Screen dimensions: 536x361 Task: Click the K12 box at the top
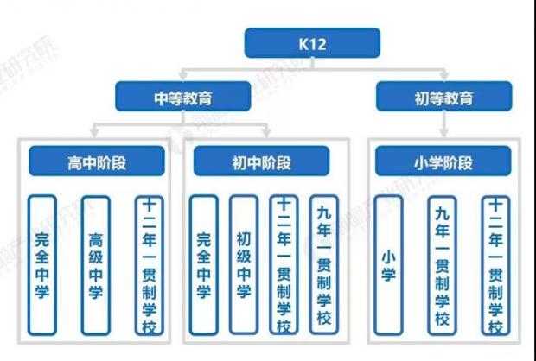coord(312,43)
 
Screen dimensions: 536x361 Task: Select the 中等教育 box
coord(183,97)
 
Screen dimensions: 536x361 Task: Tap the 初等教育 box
coord(444,97)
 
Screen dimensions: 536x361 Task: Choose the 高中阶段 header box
coord(97,161)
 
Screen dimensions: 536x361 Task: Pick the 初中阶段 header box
coord(261,161)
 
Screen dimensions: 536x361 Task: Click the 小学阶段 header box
coord(443,161)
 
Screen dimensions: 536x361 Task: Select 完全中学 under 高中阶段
coord(42,265)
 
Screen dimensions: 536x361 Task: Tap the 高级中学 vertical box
coord(96,265)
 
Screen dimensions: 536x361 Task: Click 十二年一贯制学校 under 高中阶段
coord(150,265)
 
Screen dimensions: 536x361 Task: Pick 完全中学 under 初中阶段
coord(204,265)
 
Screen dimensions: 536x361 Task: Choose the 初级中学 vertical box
coord(244,264)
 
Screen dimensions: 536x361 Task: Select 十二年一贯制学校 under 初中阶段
coord(284,264)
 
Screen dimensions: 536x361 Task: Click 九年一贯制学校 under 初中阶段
coord(324,264)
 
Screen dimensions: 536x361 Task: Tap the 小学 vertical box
coord(389,265)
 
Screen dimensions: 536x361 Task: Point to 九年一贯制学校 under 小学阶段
coord(443,265)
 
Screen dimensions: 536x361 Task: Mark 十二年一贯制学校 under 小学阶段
coord(496,265)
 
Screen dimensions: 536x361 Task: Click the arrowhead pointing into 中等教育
coord(183,77)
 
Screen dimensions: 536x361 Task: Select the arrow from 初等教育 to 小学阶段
coord(444,124)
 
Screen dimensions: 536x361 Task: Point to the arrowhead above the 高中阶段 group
coord(94,132)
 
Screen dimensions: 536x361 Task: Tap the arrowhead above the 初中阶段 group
coord(266,132)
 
